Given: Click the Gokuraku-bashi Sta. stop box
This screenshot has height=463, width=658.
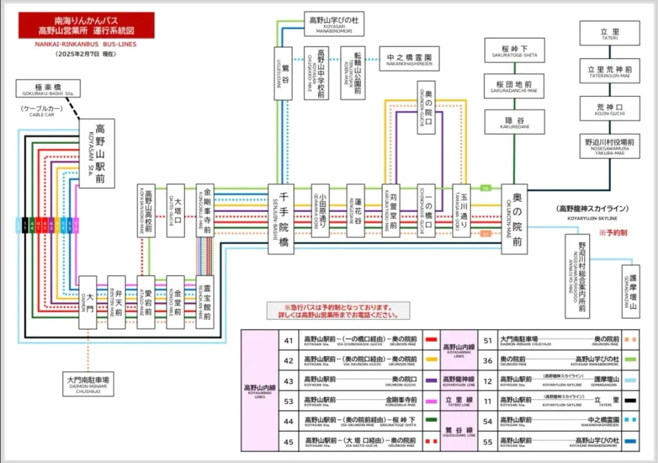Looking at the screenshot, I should tap(48, 89).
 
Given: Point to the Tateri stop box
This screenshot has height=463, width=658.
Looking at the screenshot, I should tap(610, 33).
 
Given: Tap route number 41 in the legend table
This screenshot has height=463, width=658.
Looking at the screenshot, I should tap(289, 340).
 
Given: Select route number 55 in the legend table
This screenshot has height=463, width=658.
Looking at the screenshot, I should tap(487, 441).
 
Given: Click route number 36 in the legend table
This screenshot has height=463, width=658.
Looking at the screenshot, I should tap(487, 360).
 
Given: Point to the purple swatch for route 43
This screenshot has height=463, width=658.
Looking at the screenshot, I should tap(431, 381).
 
